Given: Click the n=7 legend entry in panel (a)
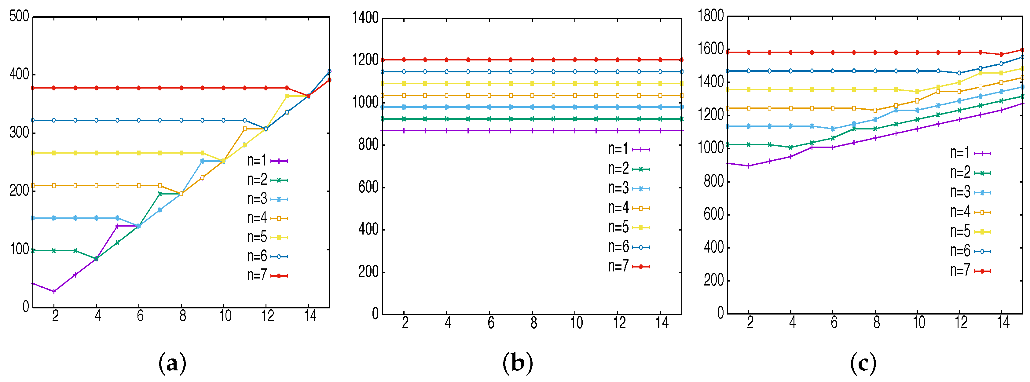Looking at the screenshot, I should click(x=267, y=275).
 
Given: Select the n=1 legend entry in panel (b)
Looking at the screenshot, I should click(x=629, y=149).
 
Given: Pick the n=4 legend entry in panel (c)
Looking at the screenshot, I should click(x=970, y=212).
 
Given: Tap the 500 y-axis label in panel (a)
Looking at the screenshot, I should click(x=19, y=17).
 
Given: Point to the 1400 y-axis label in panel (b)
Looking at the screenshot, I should click(x=365, y=18).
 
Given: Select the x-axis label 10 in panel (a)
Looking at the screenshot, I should click(x=225, y=316).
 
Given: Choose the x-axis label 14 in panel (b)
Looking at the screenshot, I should click(x=662, y=322).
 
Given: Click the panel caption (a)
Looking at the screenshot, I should click(x=172, y=363).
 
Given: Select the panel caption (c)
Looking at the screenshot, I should click(x=863, y=363).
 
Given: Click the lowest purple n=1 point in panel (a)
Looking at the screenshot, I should click(x=54, y=291).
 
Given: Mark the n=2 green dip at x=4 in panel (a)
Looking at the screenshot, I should click(x=96, y=259).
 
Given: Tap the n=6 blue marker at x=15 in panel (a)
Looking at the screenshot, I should click(x=329, y=71).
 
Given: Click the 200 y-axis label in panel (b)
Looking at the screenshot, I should click(x=368, y=272).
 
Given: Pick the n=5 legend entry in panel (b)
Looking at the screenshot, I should click(x=629, y=227).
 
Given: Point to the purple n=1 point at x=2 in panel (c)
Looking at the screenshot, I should click(x=749, y=166).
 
